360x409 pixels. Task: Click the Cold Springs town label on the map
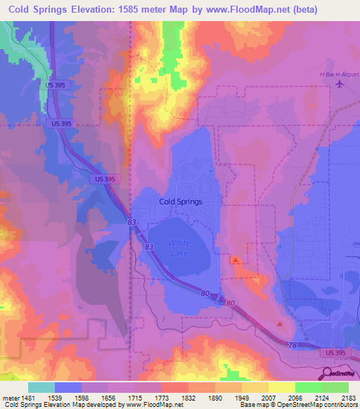pos(181,201)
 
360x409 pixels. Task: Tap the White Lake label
pos(179,247)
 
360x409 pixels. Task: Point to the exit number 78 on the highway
pos(292,344)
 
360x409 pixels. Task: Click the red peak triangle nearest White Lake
pos(235,259)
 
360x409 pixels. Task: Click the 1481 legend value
pos(27,397)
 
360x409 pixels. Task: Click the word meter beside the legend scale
pos(9,397)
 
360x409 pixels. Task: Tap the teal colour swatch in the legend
pos(41,387)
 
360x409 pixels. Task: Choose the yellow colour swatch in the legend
pos(281,387)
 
